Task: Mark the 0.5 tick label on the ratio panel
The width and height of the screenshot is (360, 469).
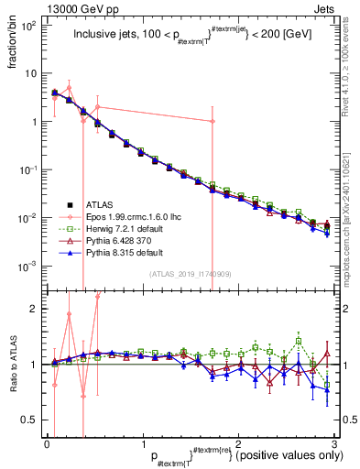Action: [x=33, y=420]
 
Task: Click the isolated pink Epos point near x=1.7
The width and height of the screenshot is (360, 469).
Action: [x=213, y=121]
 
